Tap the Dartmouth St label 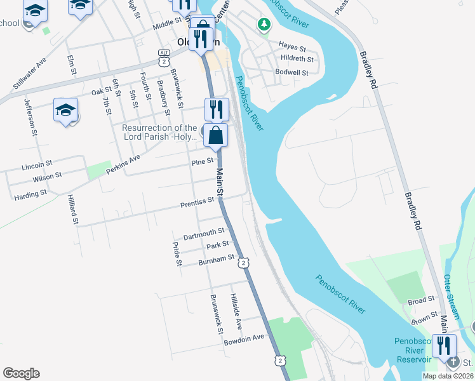204,234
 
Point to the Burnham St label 217,260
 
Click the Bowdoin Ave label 244,339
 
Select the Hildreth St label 297,59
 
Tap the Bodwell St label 291,72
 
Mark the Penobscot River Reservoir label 413,350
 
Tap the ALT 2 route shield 164,57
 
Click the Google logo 21,373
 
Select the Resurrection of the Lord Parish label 159,132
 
